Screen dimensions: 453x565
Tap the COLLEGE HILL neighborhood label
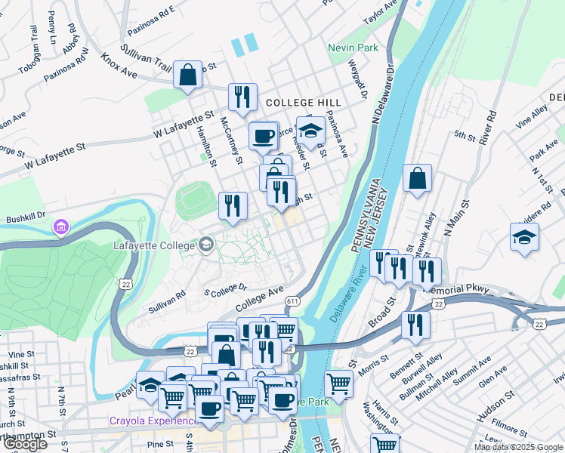[x=303, y=102]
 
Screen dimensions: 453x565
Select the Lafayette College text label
[x=154, y=245]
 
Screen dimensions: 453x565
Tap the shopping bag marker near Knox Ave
[x=188, y=75]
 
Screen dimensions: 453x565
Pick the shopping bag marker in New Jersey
[x=417, y=179]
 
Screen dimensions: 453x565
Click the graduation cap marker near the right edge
[x=524, y=237]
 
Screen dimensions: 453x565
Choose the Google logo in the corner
[x=25, y=444]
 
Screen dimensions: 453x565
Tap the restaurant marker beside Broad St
[x=415, y=324]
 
